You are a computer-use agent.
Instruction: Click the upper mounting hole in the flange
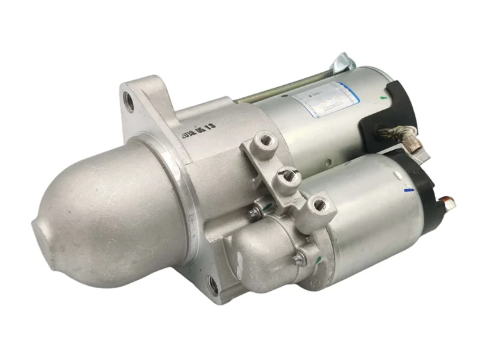pyautogui.click(x=129, y=101)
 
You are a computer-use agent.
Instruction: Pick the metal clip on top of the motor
pyautogui.click(x=343, y=63)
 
